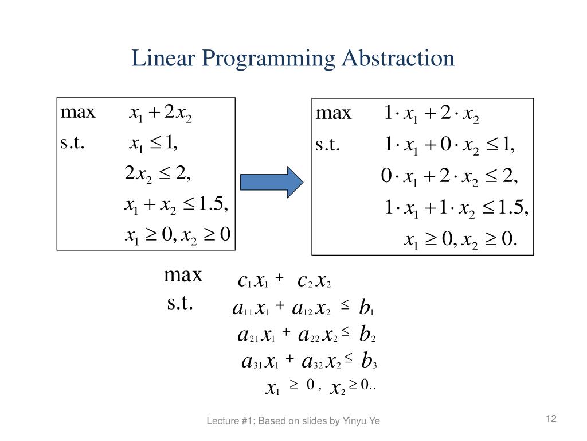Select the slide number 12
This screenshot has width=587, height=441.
tap(551, 419)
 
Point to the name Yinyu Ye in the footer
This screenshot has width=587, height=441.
tap(361, 421)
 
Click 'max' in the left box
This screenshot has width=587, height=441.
tap(78, 111)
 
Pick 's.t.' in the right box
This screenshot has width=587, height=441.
tap(328, 145)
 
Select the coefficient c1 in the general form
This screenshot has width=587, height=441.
tap(244, 281)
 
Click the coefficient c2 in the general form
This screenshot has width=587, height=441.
tap(304, 281)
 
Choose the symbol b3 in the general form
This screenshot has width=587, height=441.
tap(369, 362)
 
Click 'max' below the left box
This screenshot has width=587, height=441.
tap(183, 274)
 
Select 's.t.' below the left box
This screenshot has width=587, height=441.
tap(180, 301)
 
